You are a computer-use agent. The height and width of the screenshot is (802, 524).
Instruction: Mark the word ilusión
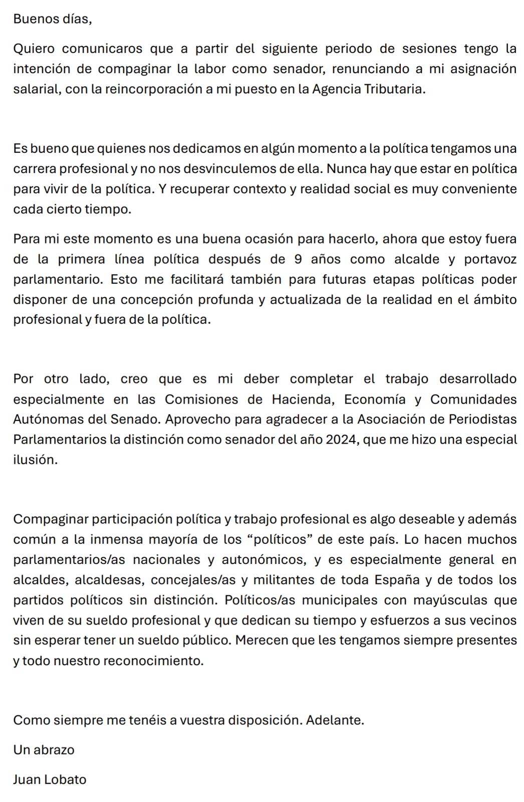(x=35, y=460)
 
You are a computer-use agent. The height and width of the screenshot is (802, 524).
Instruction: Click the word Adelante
(x=335, y=720)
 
